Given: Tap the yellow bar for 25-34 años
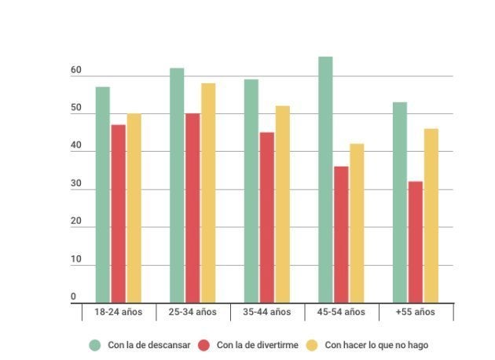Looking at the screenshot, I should coord(207,193).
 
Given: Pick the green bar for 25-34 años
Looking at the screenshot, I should coord(177,186).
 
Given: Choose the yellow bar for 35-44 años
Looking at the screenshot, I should coord(282,204).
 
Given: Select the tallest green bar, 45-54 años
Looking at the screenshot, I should coord(325,180).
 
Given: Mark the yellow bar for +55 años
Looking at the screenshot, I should coord(431,216).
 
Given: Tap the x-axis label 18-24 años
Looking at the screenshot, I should coord(118,312).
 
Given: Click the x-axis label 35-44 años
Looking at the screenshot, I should coord(266,312).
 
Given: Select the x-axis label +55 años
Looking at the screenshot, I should coord(415,312).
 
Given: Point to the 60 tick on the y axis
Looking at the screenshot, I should coord(76,71).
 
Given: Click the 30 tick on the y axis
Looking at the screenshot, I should coord(76,184).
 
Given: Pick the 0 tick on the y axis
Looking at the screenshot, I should coord(74,297).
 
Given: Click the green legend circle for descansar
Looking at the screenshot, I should coord(95,345).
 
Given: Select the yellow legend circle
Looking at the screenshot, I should coord(313,345).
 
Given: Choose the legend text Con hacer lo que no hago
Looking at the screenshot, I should coord(376,345).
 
